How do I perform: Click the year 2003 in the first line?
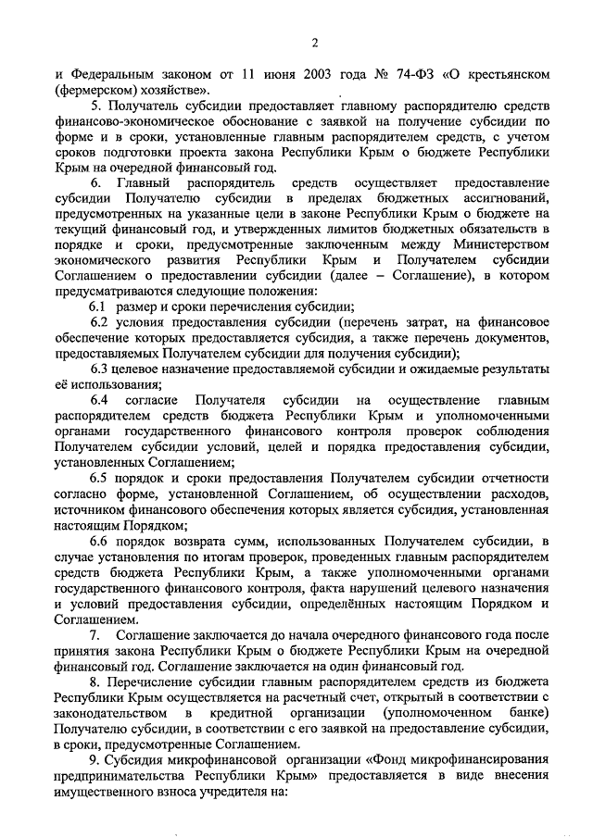[305, 73]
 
